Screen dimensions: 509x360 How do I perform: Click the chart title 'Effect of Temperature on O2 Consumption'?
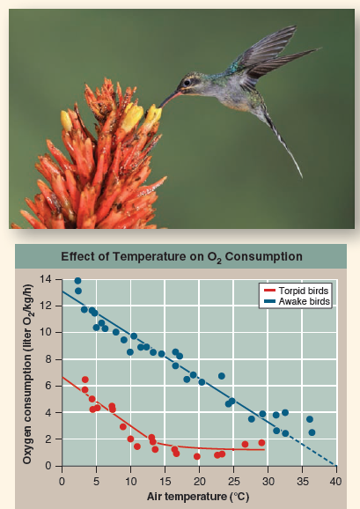tap(180, 257)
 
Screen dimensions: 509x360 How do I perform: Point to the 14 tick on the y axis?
tap(49, 278)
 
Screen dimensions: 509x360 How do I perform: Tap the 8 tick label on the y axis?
tap(51, 358)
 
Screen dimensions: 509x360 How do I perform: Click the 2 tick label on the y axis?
tap(51, 439)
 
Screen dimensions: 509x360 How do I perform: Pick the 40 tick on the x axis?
tap(335, 481)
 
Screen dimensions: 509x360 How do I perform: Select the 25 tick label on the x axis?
tap(232, 481)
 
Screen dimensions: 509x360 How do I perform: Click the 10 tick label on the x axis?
tap(130, 481)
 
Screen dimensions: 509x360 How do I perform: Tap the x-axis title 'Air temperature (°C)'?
tap(198, 497)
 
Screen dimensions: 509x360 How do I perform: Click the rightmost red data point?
tap(261, 443)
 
